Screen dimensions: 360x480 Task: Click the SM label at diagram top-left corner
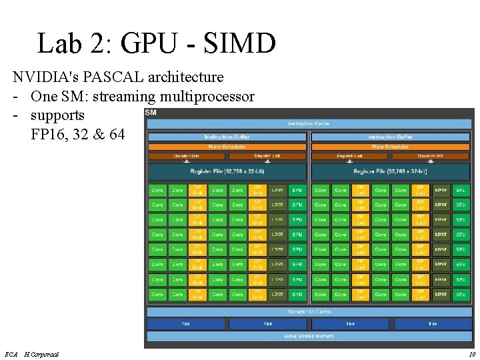(151, 113)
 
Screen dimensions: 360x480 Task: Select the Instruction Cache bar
(309, 123)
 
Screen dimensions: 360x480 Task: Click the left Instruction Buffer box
(227, 137)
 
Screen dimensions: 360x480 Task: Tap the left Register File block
(227, 171)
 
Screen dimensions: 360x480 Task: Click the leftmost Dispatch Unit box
(186, 156)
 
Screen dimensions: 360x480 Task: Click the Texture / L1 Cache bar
(309, 311)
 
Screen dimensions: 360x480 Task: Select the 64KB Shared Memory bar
(309, 336)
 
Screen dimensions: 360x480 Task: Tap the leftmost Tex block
(186, 324)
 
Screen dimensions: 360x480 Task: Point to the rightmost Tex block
(433, 324)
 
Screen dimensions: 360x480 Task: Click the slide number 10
(471, 354)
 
